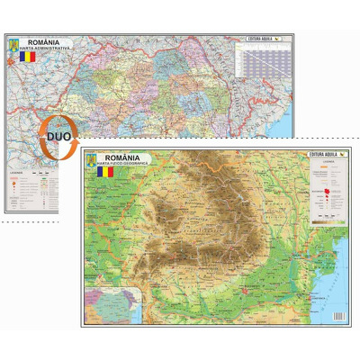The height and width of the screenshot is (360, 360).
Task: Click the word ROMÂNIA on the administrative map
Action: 44,41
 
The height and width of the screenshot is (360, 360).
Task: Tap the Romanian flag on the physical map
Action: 106,171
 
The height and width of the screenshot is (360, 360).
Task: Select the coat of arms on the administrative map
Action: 13,43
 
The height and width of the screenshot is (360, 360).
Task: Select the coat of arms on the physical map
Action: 89,159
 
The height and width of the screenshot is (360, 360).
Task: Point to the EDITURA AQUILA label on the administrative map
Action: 261,40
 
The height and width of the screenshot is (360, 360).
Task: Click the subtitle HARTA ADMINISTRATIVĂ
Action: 44,49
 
